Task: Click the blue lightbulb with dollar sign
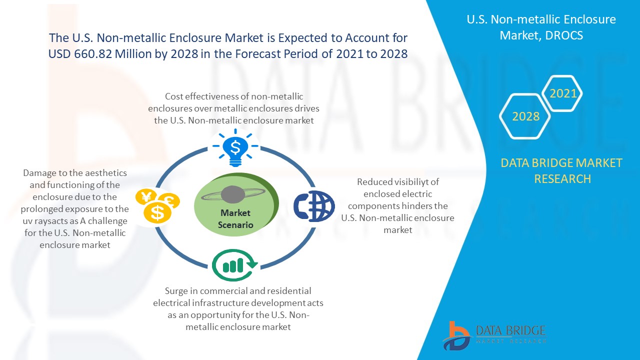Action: click(235, 147)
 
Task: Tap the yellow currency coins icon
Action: click(157, 205)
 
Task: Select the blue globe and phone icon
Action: click(314, 206)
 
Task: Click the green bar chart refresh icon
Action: click(235, 265)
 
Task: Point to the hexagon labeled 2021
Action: click(562, 93)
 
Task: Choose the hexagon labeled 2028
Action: click(525, 116)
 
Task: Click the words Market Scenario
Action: click(235, 219)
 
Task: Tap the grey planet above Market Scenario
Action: click(233, 195)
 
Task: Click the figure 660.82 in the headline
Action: click(93, 53)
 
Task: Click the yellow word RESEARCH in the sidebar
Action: click(562, 179)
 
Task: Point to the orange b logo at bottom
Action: click(456, 336)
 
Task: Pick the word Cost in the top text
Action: click(173, 96)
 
